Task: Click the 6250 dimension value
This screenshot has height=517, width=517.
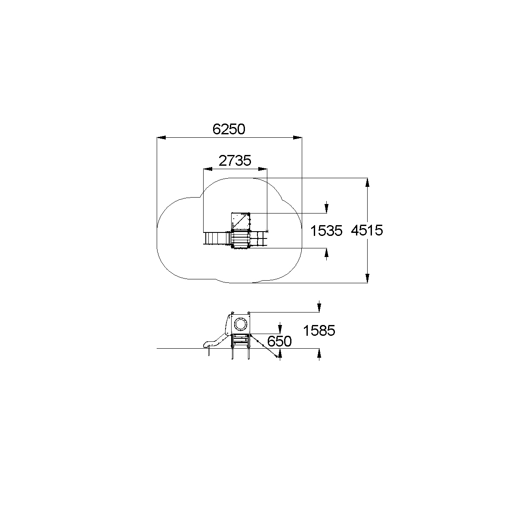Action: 229,129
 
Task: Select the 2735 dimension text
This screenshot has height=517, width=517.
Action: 235,161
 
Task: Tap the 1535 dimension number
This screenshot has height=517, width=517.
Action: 326,231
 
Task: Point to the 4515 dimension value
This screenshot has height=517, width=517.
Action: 367,230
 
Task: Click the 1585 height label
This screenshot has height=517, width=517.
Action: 319,331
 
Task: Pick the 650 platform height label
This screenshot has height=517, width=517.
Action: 279,341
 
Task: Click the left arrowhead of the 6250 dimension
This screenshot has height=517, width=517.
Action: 161,138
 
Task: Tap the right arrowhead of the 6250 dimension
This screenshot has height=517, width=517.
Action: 297,138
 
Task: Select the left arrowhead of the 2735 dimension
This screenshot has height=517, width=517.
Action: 208,169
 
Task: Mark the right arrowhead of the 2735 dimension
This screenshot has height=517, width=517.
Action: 263,169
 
